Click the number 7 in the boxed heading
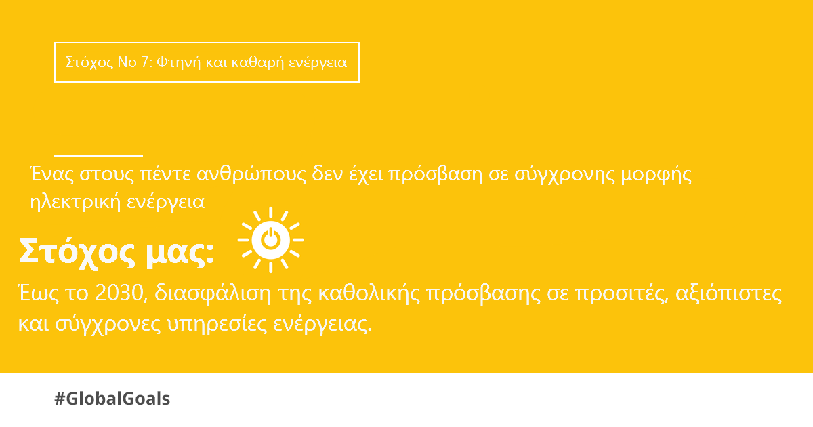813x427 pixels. [x=145, y=62]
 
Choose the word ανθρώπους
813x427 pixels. [x=251, y=174]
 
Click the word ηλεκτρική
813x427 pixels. [x=75, y=202]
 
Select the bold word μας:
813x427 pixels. [x=180, y=253]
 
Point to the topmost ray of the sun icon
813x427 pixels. [x=271, y=213]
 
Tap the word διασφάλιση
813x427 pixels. [x=213, y=293]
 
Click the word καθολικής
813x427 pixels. [x=369, y=293]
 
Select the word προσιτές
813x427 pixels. [x=622, y=293]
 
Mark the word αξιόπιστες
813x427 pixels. [x=728, y=293]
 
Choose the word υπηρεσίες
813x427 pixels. [x=217, y=324]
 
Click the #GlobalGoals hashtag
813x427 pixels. [x=112, y=399]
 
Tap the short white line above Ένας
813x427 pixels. [x=98, y=155]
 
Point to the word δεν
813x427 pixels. [x=327, y=174]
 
